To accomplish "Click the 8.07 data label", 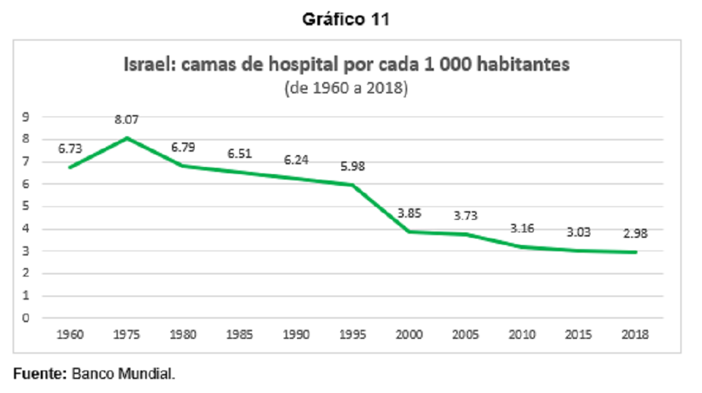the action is pos(126,119).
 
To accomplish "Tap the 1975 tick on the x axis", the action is pos(126,334).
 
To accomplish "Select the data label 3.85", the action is pos(409,213).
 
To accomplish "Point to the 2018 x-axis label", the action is pos(635,334).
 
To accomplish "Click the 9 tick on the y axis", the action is pos(25,116).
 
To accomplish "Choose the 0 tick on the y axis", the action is pos(25,318).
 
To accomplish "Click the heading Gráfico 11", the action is pos(345,19).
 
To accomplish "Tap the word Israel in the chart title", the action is pos(150,65).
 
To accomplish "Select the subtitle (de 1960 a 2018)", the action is pos(346,88).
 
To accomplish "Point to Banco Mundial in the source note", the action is pos(123,373).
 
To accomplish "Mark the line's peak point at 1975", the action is pos(126,138).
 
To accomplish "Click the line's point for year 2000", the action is pos(409,232).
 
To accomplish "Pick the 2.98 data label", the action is pos(635,234).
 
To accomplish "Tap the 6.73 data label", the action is pos(69,149).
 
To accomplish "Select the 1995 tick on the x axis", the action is pos(352,334).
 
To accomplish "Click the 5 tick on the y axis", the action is pos(25,206).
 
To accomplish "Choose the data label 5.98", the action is pos(352,166).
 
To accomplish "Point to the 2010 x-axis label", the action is pos(522,334).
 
